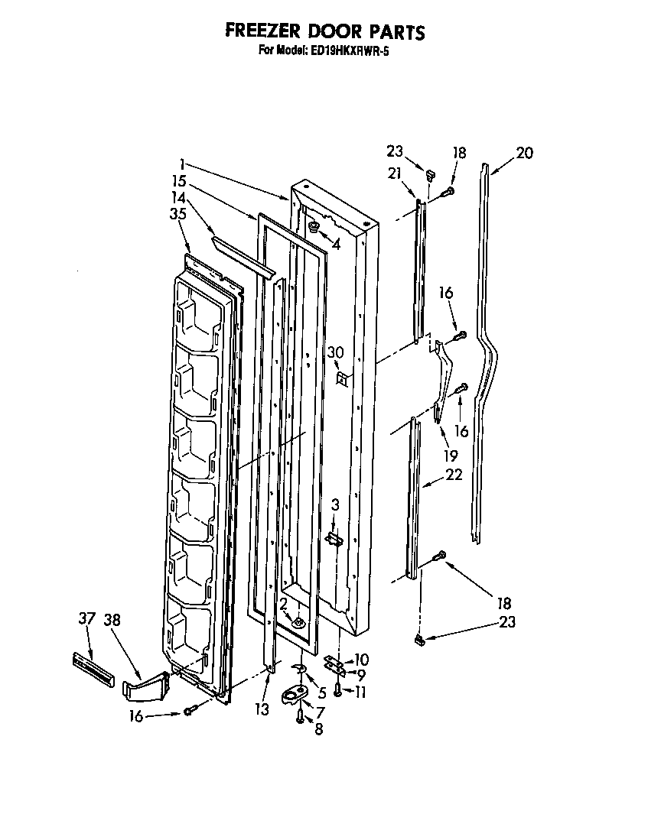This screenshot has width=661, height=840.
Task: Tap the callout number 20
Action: pyautogui.click(x=524, y=153)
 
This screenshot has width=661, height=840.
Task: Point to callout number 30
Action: pyautogui.click(x=335, y=352)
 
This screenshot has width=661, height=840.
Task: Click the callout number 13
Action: pyautogui.click(x=262, y=710)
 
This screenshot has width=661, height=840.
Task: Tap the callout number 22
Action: pyautogui.click(x=453, y=475)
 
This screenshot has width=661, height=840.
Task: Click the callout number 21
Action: pyautogui.click(x=395, y=174)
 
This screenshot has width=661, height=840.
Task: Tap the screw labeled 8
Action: pyautogui.click(x=301, y=715)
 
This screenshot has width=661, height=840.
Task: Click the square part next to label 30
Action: pyautogui.click(x=342, y=378)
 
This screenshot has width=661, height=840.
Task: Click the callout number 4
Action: pyautogui.click(x=334, y=246)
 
